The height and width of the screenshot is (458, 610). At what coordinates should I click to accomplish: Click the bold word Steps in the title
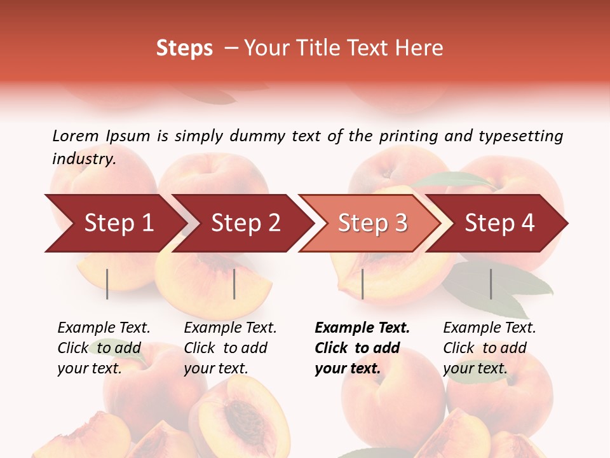[x=184, y=48]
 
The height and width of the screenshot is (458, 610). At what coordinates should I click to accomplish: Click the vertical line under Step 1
[x=107, y=284]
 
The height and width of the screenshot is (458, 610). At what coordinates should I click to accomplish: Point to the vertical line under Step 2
[x=234, y=284]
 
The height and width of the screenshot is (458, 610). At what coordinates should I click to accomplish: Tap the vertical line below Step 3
[x=362, y=284]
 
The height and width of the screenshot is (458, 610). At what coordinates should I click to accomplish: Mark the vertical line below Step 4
[x=491, y=284]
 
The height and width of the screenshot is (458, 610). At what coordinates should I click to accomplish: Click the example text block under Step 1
[x=104, y=348]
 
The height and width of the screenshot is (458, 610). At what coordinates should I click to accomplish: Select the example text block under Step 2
[x=230, y=348]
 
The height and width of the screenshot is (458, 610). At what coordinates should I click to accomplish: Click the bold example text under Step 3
[x=362, y=348]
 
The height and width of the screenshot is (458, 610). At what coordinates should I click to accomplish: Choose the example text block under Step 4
[x=489, y=348]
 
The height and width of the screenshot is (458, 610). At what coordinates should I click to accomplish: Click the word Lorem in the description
[x=76, y=135]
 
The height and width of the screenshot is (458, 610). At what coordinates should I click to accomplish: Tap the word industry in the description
[x=83, y=159]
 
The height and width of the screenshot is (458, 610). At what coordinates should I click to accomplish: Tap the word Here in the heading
[x=419, y=48]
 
